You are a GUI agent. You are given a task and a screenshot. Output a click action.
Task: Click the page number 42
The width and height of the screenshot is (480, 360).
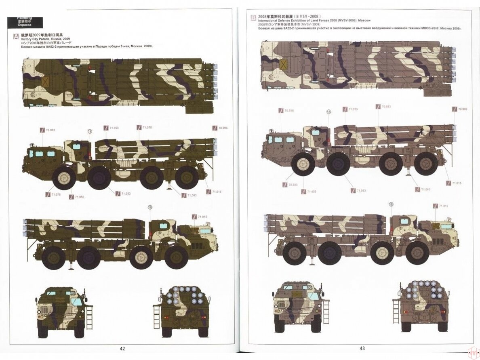[x=122, y=349]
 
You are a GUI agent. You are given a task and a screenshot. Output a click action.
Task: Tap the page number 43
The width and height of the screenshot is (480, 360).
[x=362, y=349]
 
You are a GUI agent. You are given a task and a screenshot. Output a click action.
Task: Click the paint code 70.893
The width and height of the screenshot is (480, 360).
[x=51, y=130]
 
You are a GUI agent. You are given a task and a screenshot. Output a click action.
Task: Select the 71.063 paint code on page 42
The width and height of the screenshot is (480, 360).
[x=192, y=195]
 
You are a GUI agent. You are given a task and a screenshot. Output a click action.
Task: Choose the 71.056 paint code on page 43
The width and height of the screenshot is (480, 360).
[x=311, y=191]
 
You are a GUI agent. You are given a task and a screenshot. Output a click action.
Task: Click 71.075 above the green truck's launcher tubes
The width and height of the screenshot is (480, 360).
[x=147, y=127]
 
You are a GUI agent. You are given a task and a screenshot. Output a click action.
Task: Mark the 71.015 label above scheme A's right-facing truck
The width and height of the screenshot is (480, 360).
[x=202, y=217]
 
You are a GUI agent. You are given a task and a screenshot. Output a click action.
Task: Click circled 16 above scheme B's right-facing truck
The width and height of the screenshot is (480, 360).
[x=391, y=205]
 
